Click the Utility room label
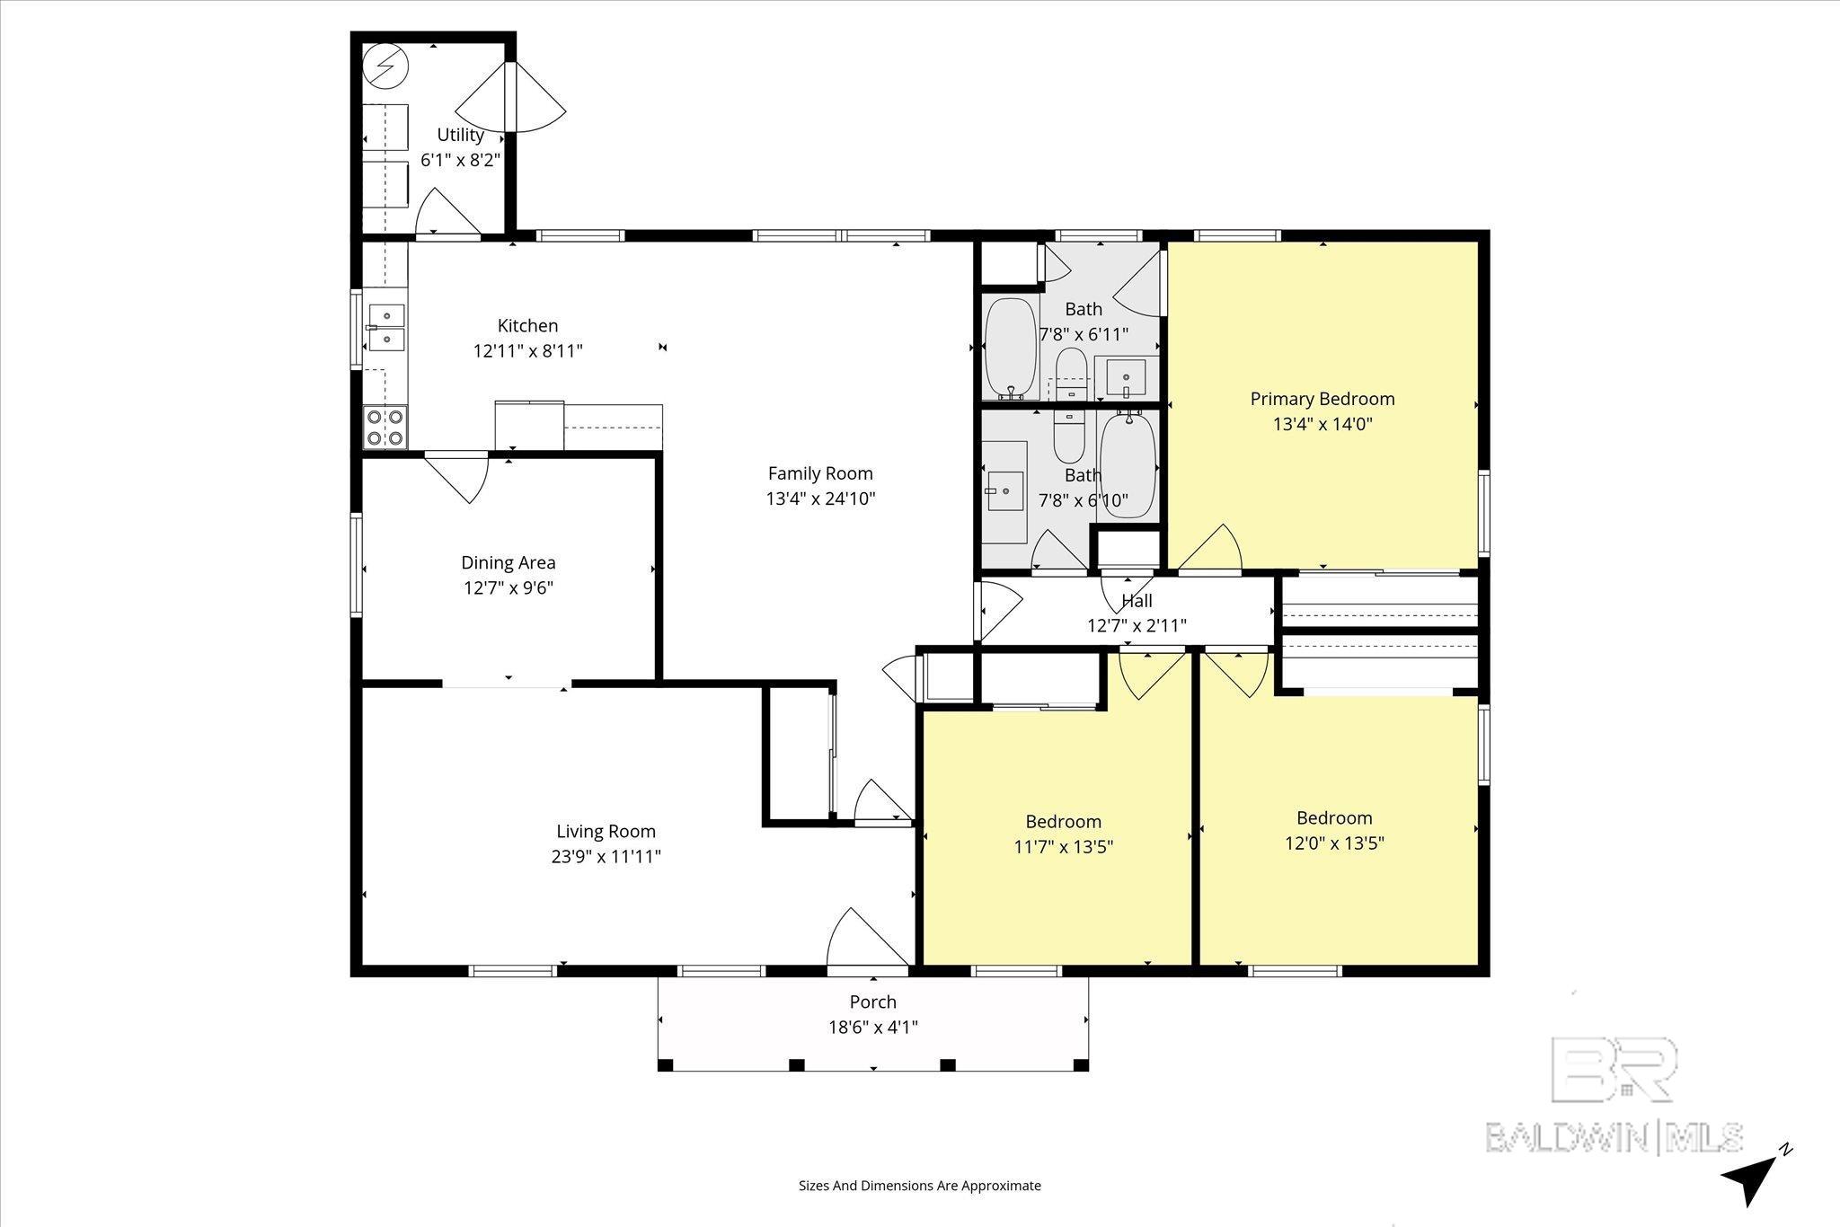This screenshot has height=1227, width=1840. [x=460, y=136]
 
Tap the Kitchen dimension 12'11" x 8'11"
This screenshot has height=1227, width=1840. [x=527, y=351]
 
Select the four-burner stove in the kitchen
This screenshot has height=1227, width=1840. [x=385, y=428]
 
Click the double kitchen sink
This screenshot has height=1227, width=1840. [x=385, y=327]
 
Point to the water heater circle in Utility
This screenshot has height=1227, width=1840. [x=385, y=66]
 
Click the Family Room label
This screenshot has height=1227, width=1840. [x=819, y=473]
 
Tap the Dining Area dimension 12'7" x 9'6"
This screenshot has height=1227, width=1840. [x=508, y=588]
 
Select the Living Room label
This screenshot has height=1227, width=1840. [x=606, y=832]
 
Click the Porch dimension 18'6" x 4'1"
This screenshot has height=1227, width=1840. [x=872, y=1028]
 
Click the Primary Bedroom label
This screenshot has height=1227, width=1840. [x=1322, y=399]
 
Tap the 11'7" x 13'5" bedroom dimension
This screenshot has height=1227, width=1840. [x=1063, y=847]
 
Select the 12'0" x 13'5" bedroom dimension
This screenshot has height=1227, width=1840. [x=1333, y=843]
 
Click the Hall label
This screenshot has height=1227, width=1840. [x=1137, y=601]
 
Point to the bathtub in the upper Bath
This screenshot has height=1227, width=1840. [x=1011, y=349]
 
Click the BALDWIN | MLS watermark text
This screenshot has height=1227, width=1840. [x=1614, y=1137]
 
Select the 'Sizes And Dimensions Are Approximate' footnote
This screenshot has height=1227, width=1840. [x=919, y=1186]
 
